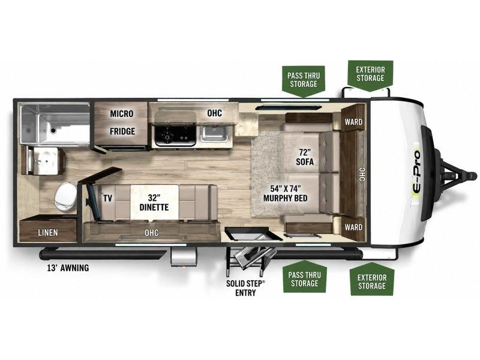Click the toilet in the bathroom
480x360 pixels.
click(65, 197)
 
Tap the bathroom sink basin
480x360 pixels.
click(46, 160)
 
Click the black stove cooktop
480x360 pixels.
click(175, 134)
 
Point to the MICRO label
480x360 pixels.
click(122, 113)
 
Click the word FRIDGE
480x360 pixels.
click(122, 131)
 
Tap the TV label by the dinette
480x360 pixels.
click(107, 199)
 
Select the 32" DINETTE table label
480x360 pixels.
click(154, 202)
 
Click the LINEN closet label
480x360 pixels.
click(48, 233)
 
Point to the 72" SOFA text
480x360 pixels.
click(305, 157)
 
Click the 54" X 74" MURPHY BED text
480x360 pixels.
click(286, 193)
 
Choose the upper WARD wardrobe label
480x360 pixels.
click(353, 122)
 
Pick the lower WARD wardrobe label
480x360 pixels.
click(353, 227)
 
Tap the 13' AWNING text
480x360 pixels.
click(68, 268)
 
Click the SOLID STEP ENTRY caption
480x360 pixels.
click(245, 288)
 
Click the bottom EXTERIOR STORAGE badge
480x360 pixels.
click(372, 280)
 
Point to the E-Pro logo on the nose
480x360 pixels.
click(417, 172)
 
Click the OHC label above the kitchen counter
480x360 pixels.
click(214, 113)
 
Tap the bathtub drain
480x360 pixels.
click(53, 130)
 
